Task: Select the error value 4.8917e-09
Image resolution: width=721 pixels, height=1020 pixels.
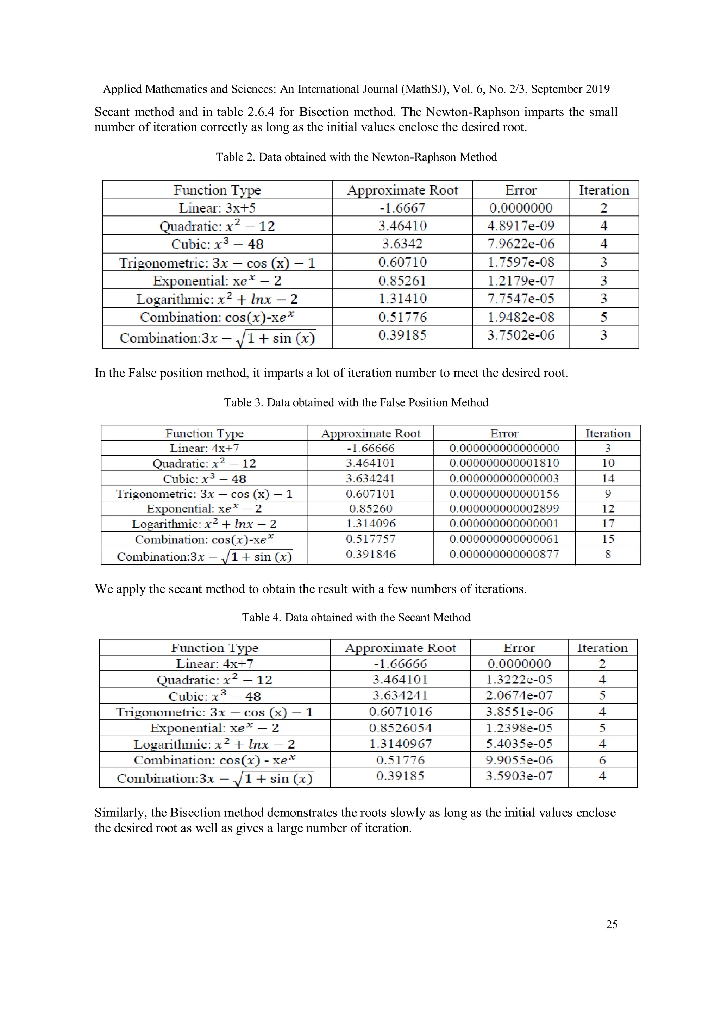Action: click(x=521, y=226)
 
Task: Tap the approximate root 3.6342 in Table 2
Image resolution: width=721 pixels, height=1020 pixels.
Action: click(x=402, y=244)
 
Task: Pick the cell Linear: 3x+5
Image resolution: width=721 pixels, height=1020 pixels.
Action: click(x=217, y=208)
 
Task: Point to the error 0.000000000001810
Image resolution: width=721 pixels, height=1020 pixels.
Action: click(x=504, y=463)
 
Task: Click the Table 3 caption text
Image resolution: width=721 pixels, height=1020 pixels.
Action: click(x=356, y=402)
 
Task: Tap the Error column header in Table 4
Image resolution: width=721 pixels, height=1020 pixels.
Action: click(x=519, y=648)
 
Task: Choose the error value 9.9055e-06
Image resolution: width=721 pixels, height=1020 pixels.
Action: click(x=519, y=760)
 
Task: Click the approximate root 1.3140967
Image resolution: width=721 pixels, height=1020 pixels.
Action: click(x=400, y=744)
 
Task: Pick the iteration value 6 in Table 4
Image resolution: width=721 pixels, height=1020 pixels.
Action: click(x=602, y=760)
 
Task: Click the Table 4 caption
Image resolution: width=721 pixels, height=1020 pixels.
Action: click(x=356, y=618)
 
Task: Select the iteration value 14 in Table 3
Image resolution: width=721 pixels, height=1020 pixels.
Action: click(x=608, y=478)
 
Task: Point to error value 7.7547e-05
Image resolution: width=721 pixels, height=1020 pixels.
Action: click(x=521, y=299)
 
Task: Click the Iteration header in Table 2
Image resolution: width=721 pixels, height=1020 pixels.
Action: click(x=604, y=190)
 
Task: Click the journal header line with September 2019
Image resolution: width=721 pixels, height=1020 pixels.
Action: click(x=356, y=89)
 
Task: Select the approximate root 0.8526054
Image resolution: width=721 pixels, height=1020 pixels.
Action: click(x=400, y=728)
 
